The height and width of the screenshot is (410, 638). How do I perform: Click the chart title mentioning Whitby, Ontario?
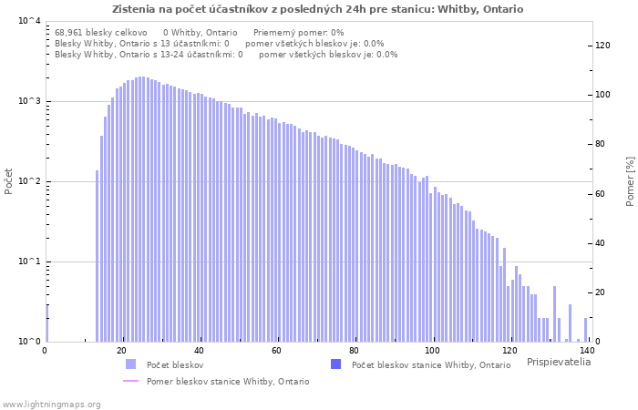[317, 9]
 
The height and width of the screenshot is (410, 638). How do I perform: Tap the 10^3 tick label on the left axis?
[29, 101]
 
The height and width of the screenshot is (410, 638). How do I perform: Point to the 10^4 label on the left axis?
[29, 21]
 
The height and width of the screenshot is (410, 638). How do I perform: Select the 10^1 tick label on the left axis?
[29, 261]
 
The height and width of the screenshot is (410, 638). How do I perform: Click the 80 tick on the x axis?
[354, 351]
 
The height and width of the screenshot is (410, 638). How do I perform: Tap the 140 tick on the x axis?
[586, 351]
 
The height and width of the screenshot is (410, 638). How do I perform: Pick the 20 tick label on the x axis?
[121, 351]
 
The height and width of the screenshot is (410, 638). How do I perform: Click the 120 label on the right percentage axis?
[602, 46]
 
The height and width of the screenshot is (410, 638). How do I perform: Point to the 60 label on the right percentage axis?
[600, 194]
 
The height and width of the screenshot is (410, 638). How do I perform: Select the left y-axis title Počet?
[8, 181]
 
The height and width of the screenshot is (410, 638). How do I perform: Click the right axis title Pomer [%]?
[631, 181]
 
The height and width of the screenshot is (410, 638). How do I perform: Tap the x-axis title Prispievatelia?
[559, 362]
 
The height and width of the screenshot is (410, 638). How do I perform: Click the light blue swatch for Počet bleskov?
[130, 364]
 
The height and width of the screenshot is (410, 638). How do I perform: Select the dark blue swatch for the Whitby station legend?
[335, 364]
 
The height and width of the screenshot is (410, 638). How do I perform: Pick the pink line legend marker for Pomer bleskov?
[130, 381]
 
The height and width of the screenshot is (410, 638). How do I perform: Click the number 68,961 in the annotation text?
[68, 33]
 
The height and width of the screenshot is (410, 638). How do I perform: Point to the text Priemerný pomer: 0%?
[299, 33]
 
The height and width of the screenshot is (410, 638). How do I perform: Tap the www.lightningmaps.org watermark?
[51, 405]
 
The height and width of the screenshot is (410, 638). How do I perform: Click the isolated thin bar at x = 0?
[47, 323]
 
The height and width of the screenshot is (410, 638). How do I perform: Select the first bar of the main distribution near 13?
[98, 256]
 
